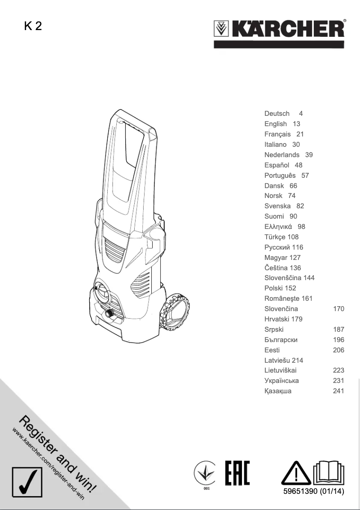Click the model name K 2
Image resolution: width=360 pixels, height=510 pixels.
click(x=33, y=26)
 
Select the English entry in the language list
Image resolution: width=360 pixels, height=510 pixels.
click(x=276, y=124)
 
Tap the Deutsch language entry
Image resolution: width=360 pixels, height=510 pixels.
click(x=277, y=114)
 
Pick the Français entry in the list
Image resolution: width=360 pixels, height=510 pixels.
click(x=277, y=134)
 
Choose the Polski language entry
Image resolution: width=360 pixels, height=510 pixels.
click(x=274, y=288)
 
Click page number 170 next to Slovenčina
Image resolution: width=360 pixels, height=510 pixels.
click(x=338, y=309)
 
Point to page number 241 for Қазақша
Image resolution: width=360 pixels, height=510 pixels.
click(x=338, y=391)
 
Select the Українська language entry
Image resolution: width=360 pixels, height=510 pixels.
click(x=281, y=381)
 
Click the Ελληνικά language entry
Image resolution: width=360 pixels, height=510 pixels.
click(x=278, y=227)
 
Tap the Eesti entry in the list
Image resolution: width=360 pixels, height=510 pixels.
click(x=272, y=350)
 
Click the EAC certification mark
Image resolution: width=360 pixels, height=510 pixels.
click(x=237, y=473)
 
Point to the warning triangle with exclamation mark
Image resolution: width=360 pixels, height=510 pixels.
click(x=296, y=473)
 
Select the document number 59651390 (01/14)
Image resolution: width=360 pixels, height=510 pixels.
click(x=313, y=492)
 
